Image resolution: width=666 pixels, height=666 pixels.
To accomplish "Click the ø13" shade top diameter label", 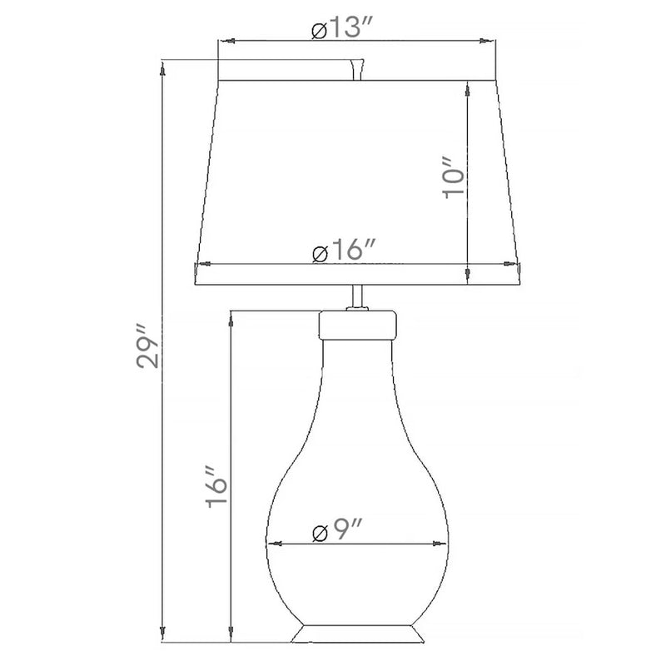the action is (x=342, y=28).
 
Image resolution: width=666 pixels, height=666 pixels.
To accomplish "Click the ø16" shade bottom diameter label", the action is (x=344, y=251).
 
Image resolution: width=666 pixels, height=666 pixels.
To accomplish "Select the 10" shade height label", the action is (x=453, y=178).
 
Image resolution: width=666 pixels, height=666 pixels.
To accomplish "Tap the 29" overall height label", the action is (x=147, y=346).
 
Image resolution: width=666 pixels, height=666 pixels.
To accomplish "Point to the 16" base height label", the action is (x=216, y=487).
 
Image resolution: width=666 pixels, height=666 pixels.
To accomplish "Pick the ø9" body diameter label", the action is (x=337, y=529).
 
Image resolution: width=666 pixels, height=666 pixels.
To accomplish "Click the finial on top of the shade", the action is (x=357, y=69).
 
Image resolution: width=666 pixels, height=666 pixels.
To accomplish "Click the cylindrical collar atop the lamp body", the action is (x=358, y=325).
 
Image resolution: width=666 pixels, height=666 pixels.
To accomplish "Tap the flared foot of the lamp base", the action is (x=357, y=633).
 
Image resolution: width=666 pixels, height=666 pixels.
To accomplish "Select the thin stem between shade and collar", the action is (x=358, y=297).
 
